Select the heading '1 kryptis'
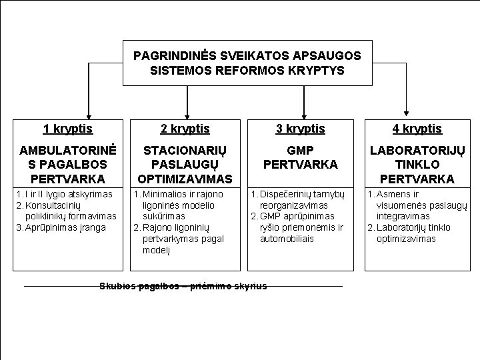[67, 129]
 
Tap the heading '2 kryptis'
[185, 129]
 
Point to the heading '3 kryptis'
[300, 129]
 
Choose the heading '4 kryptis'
[417, 129]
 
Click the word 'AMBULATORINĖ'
[67, 151]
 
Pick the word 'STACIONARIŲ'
[185, 151]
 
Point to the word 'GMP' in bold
[300, 151]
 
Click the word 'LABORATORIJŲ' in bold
[417, 151]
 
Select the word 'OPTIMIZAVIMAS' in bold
[185, 179]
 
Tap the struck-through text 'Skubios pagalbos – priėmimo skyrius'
[183, 286]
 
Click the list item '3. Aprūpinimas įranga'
[60, 227]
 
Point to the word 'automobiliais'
[286, 239]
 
